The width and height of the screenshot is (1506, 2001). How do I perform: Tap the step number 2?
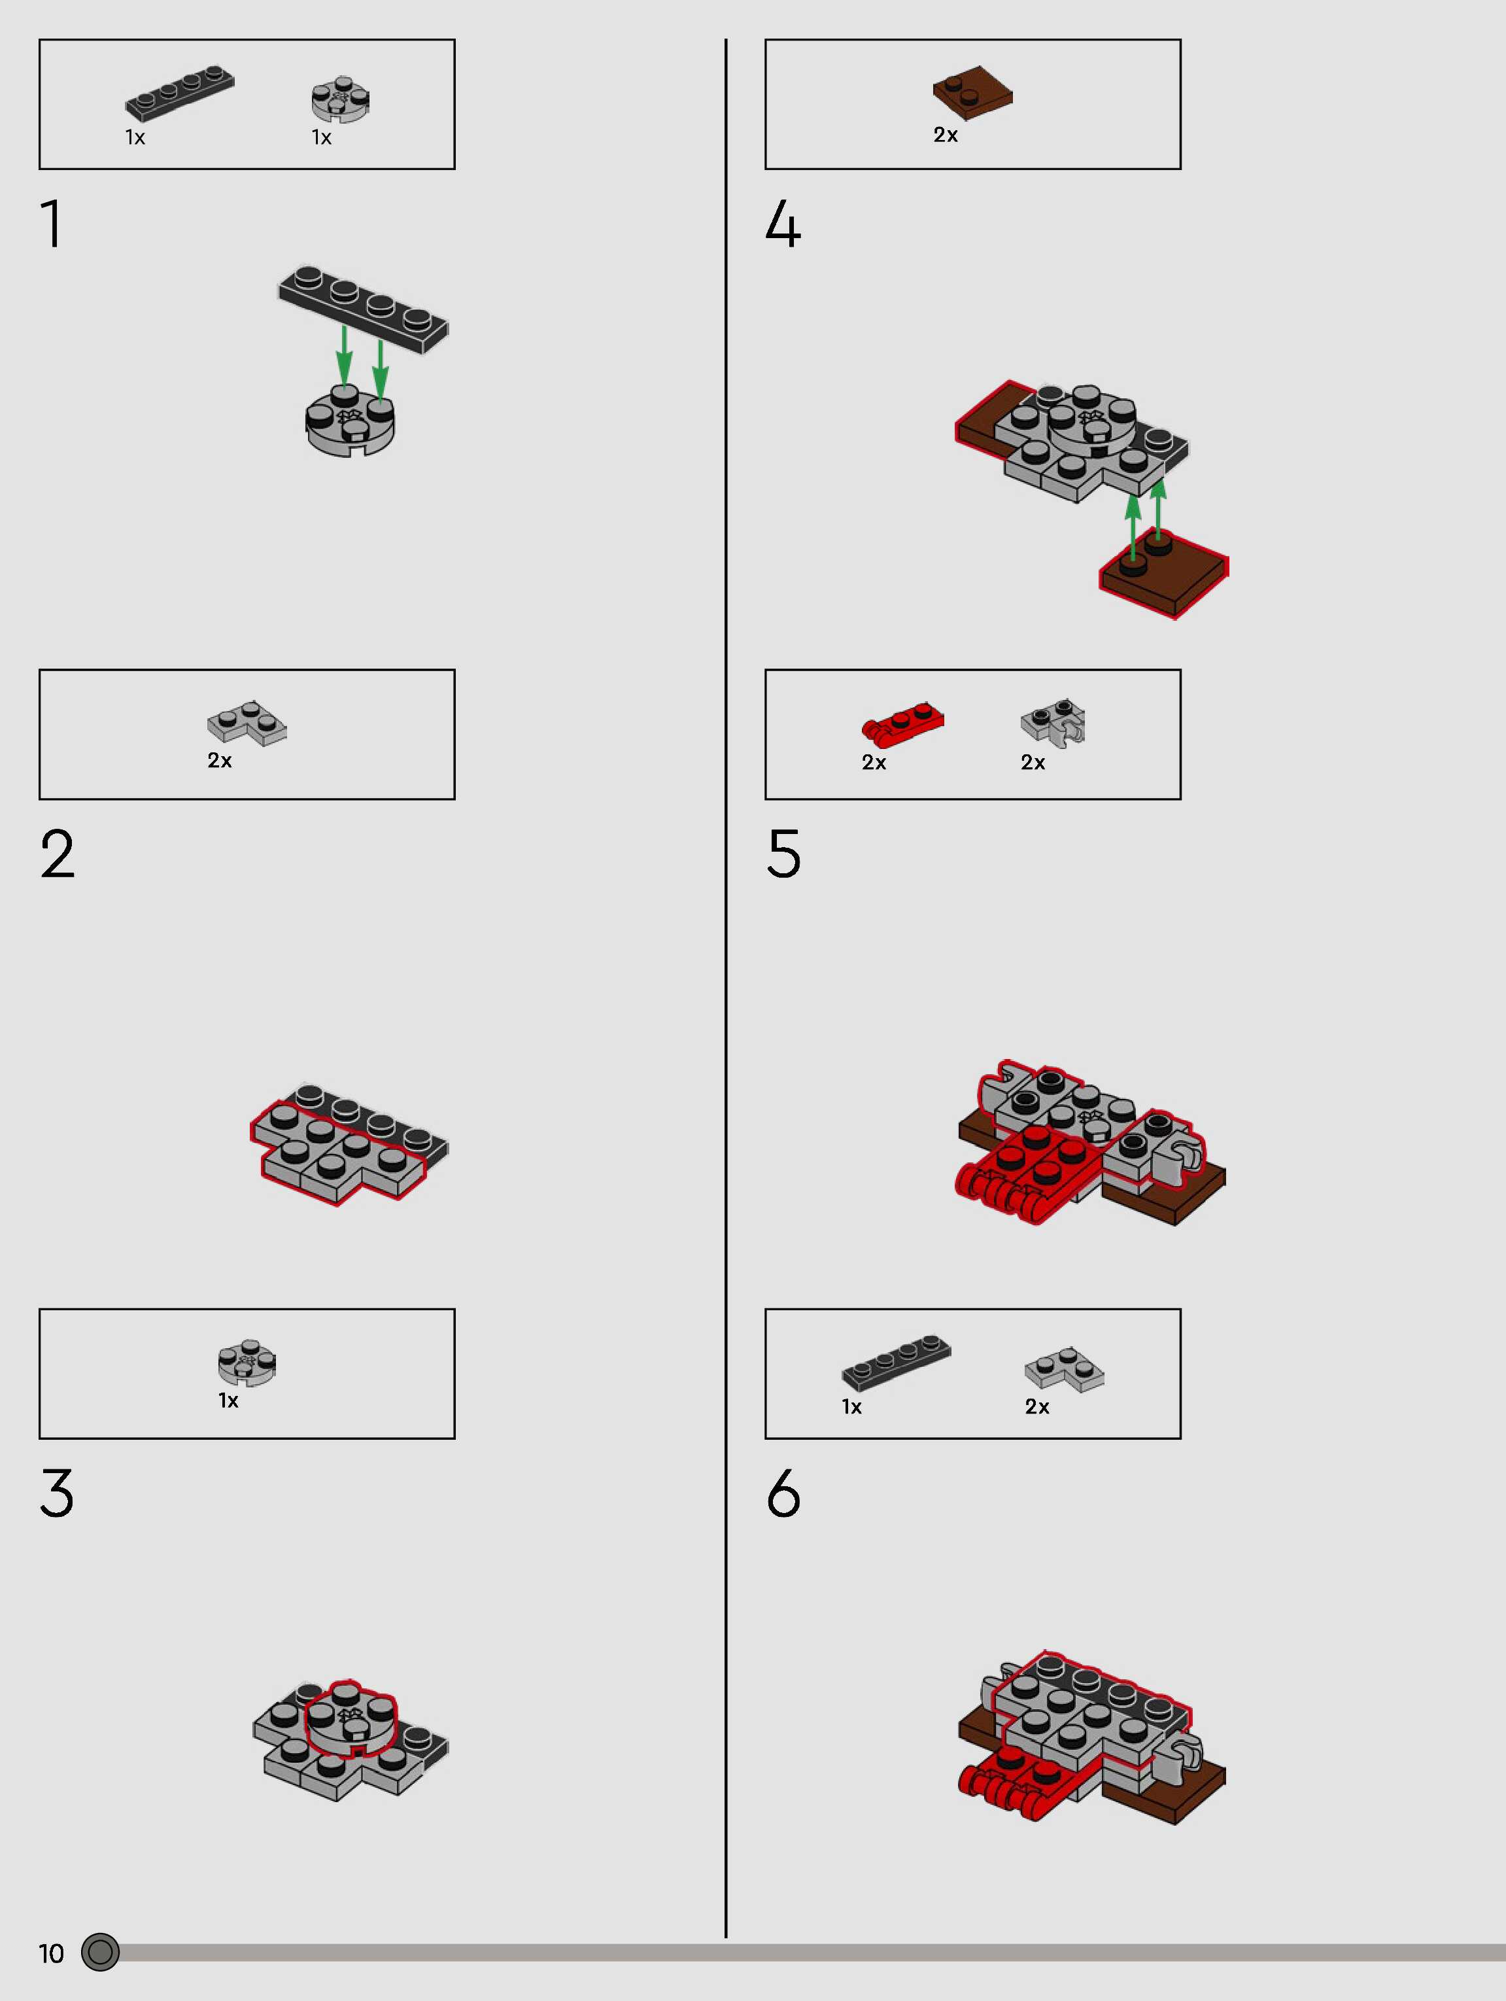[x=57, y=853]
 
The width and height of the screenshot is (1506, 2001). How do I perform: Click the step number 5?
[x=783, y=853]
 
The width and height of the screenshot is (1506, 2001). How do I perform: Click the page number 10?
[x=52, y=1953]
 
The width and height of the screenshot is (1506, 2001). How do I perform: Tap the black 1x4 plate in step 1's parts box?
[x=179, y=92]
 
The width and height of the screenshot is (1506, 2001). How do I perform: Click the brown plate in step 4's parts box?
[x=972, y=93]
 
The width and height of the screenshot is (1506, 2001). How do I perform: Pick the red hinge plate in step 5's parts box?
[x=902, y=723]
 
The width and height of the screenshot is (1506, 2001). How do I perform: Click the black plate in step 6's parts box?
[x=897, y=1361]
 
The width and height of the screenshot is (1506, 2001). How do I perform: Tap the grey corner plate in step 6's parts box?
[x=1065, y=1368]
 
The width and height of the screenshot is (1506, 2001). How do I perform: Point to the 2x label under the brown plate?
[x=945, y=135]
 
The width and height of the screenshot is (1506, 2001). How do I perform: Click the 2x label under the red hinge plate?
[x=874, y=763]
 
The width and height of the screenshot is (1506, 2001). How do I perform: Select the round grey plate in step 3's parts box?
[x=247, y=1363]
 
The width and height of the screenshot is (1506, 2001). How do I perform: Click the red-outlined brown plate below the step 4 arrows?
[x=1164, y=574]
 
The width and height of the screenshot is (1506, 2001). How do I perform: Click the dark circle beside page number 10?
[x=101, y=1952]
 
